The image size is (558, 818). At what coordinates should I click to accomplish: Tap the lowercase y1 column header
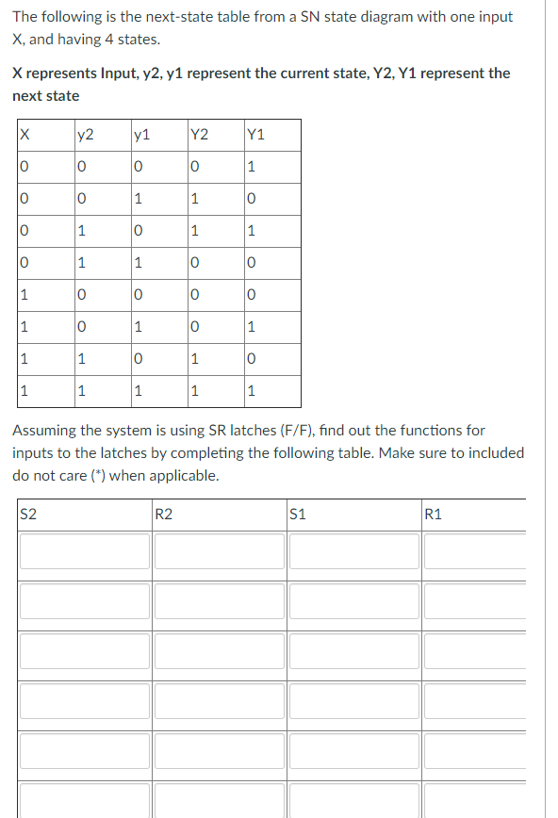[x=141, y=135]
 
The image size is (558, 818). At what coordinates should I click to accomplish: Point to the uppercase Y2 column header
[x=200, y=135]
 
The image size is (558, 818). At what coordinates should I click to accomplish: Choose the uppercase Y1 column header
[x=254, y=135]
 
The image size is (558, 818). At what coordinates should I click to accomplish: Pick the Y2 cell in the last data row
[x=194, y=392]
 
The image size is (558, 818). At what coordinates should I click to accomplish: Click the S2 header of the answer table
[x=29, y=514]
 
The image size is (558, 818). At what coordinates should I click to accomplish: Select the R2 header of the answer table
[x=164, y=514]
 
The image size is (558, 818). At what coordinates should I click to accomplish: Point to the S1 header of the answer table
[x=299, y=514]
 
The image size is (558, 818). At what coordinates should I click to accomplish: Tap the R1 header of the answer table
[x=434, y=514]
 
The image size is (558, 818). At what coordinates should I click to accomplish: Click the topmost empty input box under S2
[x=82, y=551]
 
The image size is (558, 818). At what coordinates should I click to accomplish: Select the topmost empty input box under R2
[x=219, y=551]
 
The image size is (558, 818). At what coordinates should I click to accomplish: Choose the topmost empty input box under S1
[x=353, y=551]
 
